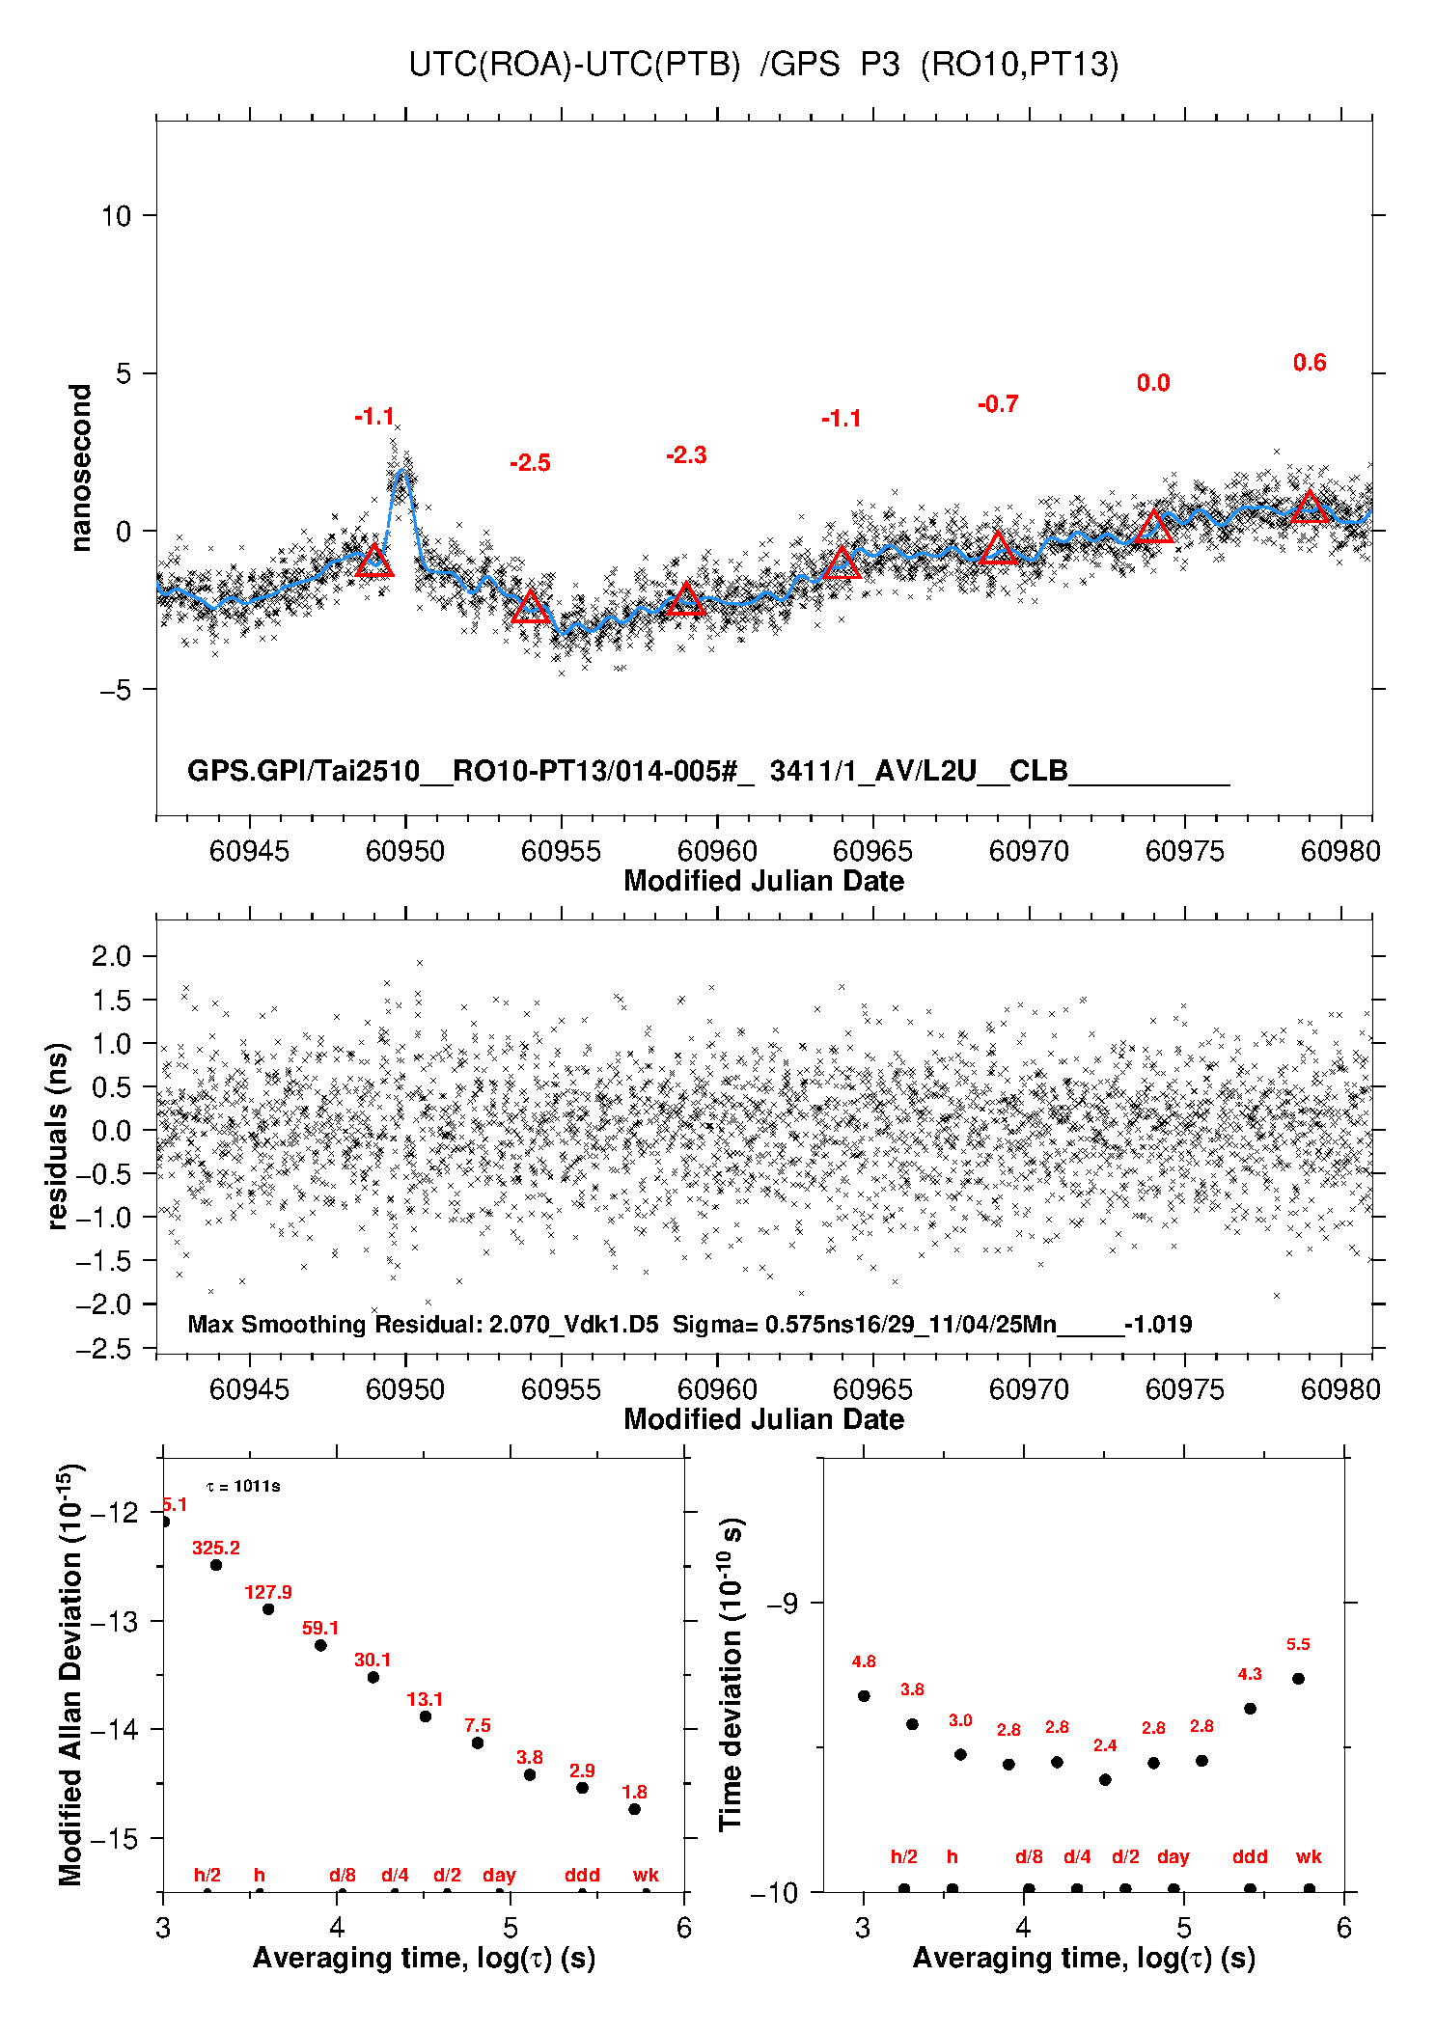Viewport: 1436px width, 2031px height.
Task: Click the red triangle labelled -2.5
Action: [x=530, y=608]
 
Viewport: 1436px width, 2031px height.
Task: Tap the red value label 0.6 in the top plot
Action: [x=1310, y=363]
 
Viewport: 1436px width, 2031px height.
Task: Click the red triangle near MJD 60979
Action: [x=1310, y=508]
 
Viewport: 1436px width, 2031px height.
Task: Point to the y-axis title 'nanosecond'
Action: [x=81, y=468]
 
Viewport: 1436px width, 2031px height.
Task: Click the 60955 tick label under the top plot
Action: [x=561, y=852]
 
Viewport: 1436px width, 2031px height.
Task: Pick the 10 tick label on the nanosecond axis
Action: [x=116, y=216]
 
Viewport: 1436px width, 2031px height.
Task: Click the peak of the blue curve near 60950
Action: [x=403, y=472]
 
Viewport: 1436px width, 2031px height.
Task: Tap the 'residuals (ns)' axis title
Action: [x=58, y=1136]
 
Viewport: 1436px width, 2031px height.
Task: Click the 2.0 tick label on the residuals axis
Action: [x=111, y=956]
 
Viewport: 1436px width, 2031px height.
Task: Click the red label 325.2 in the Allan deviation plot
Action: [x=216, y=1549]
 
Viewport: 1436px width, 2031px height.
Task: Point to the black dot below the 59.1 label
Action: [x=320, y=1645]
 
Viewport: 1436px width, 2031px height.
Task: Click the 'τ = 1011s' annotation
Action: [x=243, y=1487]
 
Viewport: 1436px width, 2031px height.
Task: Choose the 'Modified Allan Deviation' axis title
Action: [x=70, y=1674]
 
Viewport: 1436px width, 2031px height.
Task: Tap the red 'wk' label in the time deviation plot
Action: [x=1309, y=1856]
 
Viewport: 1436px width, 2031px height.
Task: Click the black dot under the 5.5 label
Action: [x=1298, y=1679]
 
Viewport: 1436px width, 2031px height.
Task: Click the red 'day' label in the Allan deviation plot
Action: [x=499, y=1875]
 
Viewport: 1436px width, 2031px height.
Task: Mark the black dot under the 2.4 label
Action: [x=1105, y=1779]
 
